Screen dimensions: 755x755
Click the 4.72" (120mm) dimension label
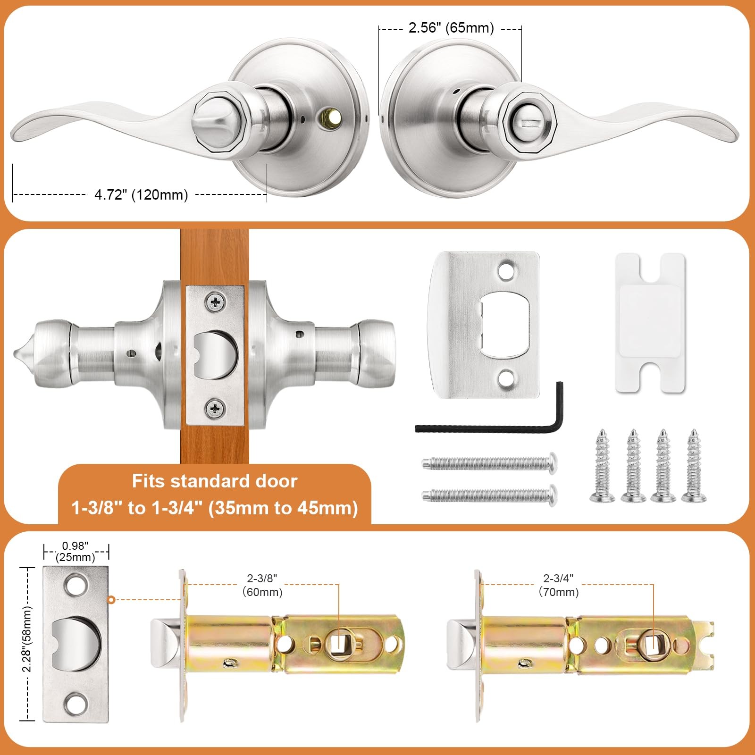(141, 194)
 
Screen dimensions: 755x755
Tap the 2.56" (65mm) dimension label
(451, 27)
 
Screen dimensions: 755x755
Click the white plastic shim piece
(650, 323)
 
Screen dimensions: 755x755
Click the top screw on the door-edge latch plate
(216, 302)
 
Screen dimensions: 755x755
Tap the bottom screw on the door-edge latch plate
(216, 408)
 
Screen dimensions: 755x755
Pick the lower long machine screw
(489, 495)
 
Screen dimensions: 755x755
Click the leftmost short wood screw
(603, 465)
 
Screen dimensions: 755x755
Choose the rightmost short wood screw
(694, 465)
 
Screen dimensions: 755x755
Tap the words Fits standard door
(215, 481)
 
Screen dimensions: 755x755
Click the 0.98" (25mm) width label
(75, 551)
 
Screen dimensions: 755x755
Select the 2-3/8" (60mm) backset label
(262, 585)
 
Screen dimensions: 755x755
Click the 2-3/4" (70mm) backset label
(559, 585)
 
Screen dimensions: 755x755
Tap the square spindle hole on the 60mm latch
(338, 643)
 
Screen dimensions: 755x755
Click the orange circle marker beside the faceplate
(111, 600)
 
